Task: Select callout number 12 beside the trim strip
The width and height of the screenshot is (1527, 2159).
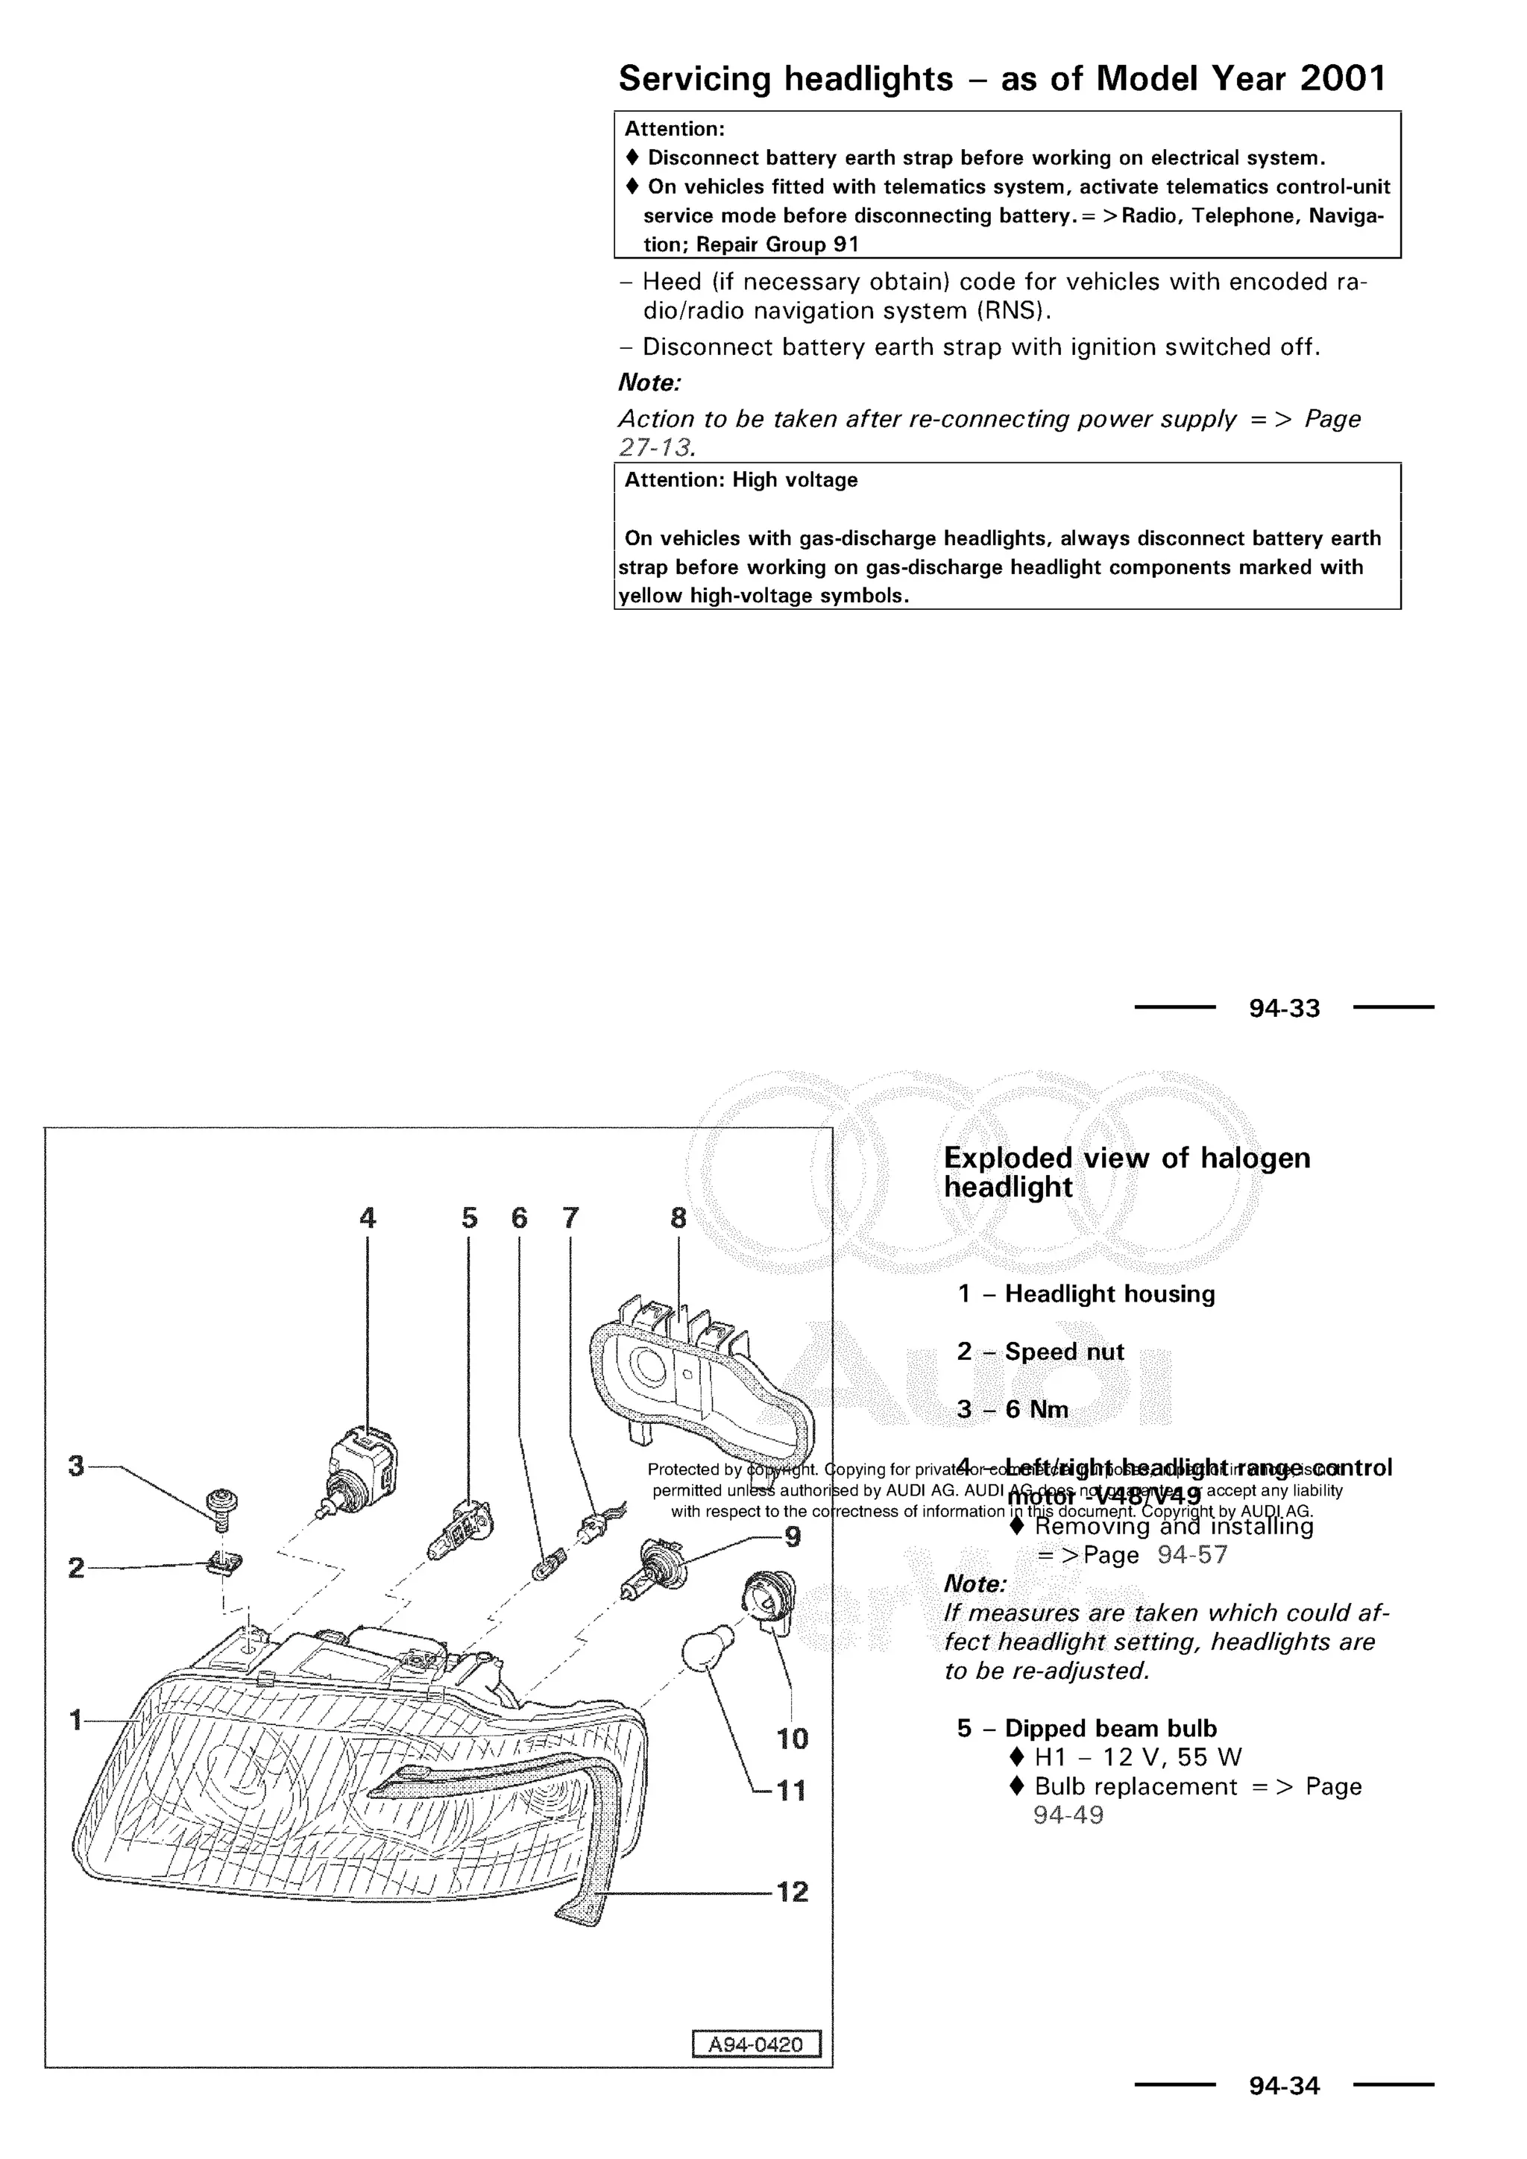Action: pos(792,1891)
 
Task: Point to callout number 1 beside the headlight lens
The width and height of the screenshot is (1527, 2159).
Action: pos(76,1720)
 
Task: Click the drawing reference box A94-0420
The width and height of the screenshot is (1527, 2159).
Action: pos(756,2044)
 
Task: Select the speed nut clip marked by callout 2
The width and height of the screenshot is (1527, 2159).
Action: pos(224,1565)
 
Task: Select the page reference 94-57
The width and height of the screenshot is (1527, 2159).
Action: pos(1191,1554)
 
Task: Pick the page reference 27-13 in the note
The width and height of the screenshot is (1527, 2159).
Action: pos(655,447)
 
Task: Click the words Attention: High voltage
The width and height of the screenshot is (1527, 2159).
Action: pos(741,479)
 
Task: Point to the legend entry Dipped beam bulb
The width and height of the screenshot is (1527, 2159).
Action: pos(1109,1728)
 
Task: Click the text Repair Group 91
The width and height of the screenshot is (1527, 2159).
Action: pos(777,245)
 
